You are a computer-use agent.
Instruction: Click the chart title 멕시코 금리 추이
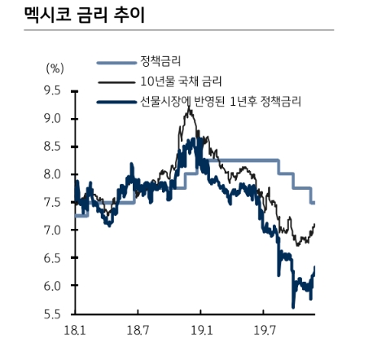click(x=70, y=14)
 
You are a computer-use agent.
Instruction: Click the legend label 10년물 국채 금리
click(x=182, y=81)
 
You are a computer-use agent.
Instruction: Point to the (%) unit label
click(x=55, y=68)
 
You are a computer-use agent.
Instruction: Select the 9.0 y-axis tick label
click(x=53, y=119)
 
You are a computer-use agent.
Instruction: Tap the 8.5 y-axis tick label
click(x=53, y=147)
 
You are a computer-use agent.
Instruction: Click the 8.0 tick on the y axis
click(x=53, y=174)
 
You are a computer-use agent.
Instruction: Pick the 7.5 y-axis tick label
click(x=53, y=203)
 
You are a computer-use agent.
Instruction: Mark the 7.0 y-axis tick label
click(x=53, y=230)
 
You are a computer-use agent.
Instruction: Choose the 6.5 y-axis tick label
click(x=53, y=258)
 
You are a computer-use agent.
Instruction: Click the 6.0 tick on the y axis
click(x=53, y=286)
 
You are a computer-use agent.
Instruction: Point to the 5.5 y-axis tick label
click(x=53, y=314)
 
